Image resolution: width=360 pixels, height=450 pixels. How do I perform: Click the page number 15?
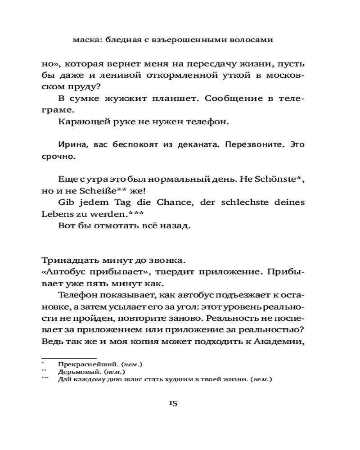pos(173,403)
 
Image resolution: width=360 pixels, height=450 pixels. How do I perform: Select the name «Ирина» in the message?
pos(74,145)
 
